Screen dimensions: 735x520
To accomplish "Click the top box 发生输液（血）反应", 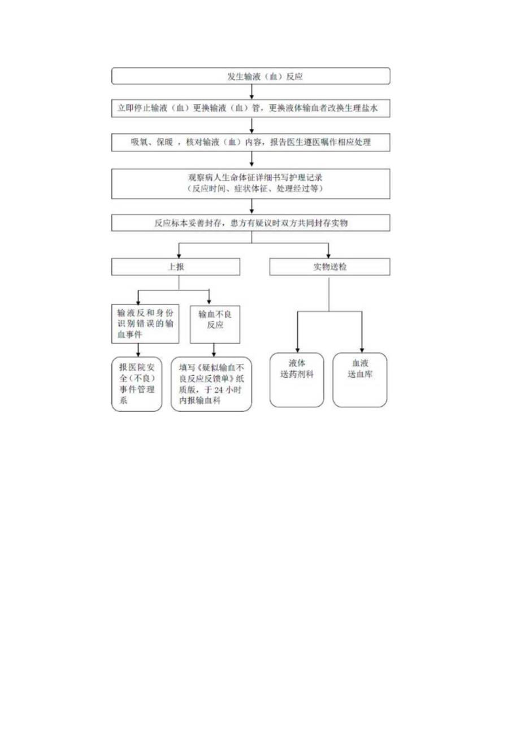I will point(251,76).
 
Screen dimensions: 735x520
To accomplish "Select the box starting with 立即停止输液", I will point(251,109).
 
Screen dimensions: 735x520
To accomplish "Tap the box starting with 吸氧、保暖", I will point(251,142).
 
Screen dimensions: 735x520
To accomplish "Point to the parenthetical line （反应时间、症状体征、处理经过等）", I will point(251,189).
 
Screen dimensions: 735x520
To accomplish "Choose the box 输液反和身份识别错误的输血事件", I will point(145,323).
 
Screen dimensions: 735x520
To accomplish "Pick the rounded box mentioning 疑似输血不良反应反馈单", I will point(211,382).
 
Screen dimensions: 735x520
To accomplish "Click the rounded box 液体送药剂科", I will point(297,380).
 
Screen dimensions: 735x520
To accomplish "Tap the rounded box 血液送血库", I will point(360,380).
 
